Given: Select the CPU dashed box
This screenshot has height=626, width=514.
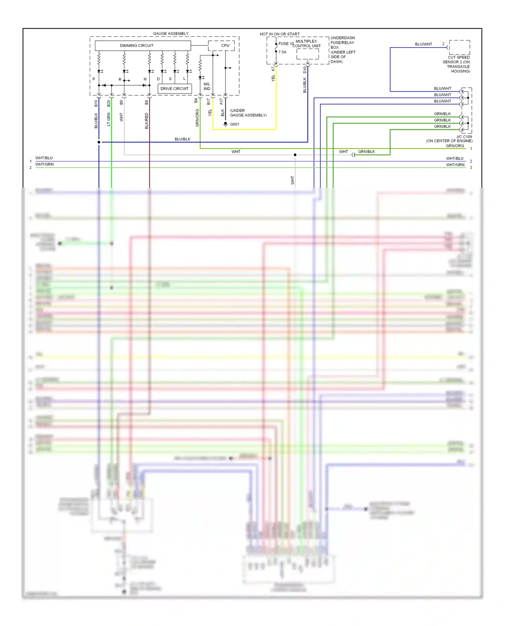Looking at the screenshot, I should (x=221, y=46).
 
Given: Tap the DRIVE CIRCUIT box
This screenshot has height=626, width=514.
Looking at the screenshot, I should (x=174, y=89).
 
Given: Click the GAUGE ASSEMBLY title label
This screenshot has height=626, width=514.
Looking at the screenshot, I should (x=171, y=34).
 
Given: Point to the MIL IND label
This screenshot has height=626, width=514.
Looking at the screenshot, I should (x=207, y=86).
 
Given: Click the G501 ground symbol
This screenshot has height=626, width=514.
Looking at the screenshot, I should (x=225, y=124).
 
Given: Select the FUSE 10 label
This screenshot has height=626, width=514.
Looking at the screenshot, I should (x=286, y=43).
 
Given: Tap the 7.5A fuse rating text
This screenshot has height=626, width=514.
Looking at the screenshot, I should (x=282, y=52).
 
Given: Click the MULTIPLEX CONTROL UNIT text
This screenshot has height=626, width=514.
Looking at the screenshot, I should (x=306, y=43).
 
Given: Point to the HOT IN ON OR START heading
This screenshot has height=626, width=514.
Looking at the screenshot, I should (x=280, y=34).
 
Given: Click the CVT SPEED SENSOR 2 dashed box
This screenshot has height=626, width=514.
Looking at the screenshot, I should (x=459, y=47).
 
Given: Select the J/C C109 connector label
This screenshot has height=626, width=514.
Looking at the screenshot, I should (x=464, y=137).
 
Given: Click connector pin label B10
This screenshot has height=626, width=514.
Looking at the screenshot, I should (x=96, y=103).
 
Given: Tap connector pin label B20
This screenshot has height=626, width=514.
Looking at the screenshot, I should (x=109, y=103).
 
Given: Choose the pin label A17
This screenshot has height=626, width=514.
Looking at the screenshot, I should (x=221, y=102).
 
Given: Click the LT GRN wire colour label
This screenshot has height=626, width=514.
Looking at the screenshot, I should (x=109, y=119).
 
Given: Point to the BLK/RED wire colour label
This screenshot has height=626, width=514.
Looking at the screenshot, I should (x=147, y=121).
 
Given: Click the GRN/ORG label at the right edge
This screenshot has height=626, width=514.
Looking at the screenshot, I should (x=455, y=146).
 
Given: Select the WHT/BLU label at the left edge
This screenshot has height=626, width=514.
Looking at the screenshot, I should (x=44, y=158).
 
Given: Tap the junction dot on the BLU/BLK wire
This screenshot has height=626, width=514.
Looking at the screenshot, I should (x=99, y=142).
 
